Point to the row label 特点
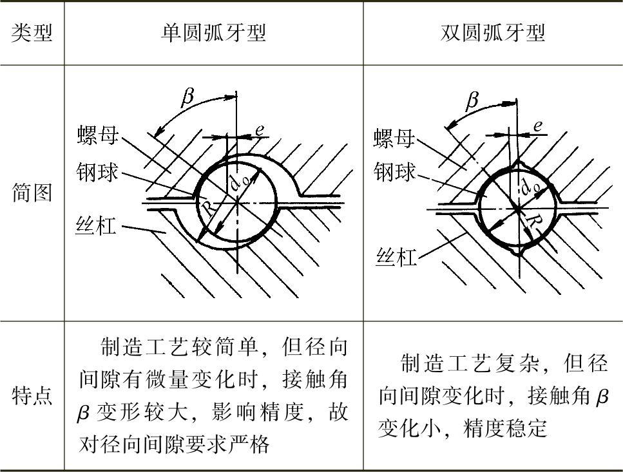tap(32, 396)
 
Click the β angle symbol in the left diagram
tap(187, 97)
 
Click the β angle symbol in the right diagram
tap(472, 100)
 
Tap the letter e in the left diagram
tap(259, 129)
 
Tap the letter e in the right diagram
tap(537, 126)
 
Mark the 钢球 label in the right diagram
tap(394, 173)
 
